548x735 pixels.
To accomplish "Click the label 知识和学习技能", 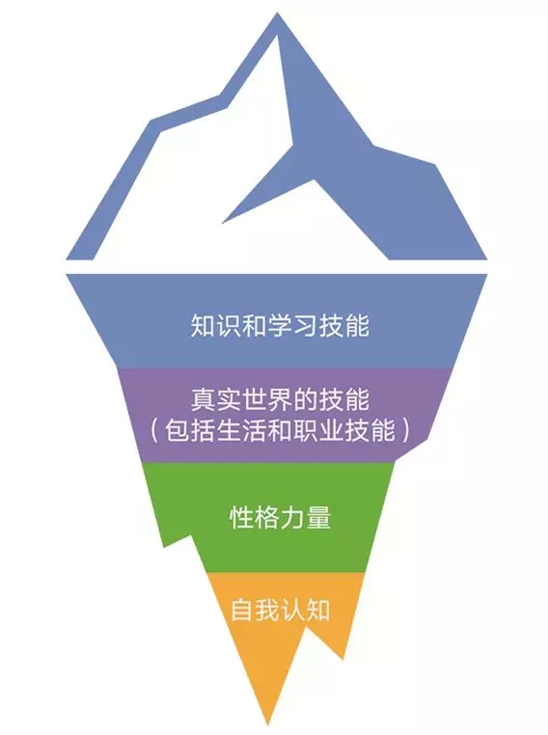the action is pyautogui.click(x=280, y=325).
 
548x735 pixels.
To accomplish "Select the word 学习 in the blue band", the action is pyautogui.click(x=292, y=325).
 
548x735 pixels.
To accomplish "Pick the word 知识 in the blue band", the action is pyautogui.click(x=216, y=325).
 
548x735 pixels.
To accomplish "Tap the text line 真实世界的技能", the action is pyautogui.click(x=280, y=400).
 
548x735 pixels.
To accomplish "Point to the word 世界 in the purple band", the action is pyautogui.click(x=267, y=400).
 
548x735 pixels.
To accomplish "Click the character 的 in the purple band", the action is pyautogui.click(x=306, y=400).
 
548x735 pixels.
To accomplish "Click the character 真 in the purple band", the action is pyautogui.click(x=203, y=400).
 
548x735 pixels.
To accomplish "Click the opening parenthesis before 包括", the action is pyautogui.click(x=155, y=430).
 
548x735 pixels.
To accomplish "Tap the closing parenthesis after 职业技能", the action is pyautogui.click(x=404, y=430).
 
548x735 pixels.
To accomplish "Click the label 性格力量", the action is pyautogui.click(x=280, y=517).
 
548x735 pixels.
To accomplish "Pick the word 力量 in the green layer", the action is pyautogui.click(x=306, y=517).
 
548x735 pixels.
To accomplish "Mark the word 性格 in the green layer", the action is pyautogui.click(x=254, y=517).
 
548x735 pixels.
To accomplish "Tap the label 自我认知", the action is pyautogui.click(x=280, y=610).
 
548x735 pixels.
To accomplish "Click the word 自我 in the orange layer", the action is pyautogui.click(x=255, y=610).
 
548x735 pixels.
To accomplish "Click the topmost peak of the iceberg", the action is pyautogui.click(x=277, y=14).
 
